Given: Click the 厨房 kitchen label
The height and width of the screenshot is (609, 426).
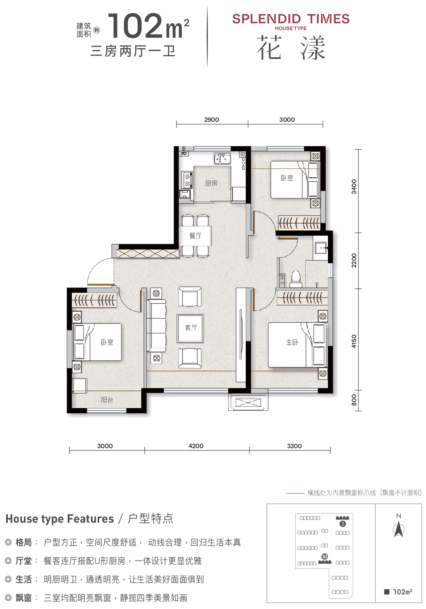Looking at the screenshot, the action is click(x=211, y=183).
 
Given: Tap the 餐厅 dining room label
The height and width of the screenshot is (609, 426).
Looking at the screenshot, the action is click(x=195, y=236).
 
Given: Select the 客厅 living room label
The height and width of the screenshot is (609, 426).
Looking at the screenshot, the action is click(x=191, y=327).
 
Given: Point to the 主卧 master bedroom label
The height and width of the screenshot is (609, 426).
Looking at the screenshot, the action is click(x=292, y=342).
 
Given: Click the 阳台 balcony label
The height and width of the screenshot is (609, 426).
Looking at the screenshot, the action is click(x=107, y=400).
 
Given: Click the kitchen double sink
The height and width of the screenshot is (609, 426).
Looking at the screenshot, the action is click(x=222, y=158).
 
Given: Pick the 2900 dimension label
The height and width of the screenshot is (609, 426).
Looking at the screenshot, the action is click(x=211, y=120).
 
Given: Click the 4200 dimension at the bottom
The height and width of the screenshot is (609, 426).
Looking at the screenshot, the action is click(x=196, y=446).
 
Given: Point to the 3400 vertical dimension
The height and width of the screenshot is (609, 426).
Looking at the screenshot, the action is click(x=353, y=187).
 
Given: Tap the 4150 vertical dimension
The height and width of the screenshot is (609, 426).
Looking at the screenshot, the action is click(x=353, y=341).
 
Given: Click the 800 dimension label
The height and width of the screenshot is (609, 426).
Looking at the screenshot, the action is click(x=353, y=400).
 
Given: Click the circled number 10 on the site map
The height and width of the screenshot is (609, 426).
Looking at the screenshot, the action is click(x=325, y=556).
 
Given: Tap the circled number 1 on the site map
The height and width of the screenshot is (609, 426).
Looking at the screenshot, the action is click(x=342, y=524).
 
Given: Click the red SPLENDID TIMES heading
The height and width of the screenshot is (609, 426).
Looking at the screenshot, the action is click(x=291, y=19).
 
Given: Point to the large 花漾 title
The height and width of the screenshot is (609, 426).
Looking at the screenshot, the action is click(x=291, y=48).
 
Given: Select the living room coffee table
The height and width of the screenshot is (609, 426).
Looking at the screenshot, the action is click(x=190, y=329).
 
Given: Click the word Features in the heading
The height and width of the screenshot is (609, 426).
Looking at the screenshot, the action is click(x=90, y=519).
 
